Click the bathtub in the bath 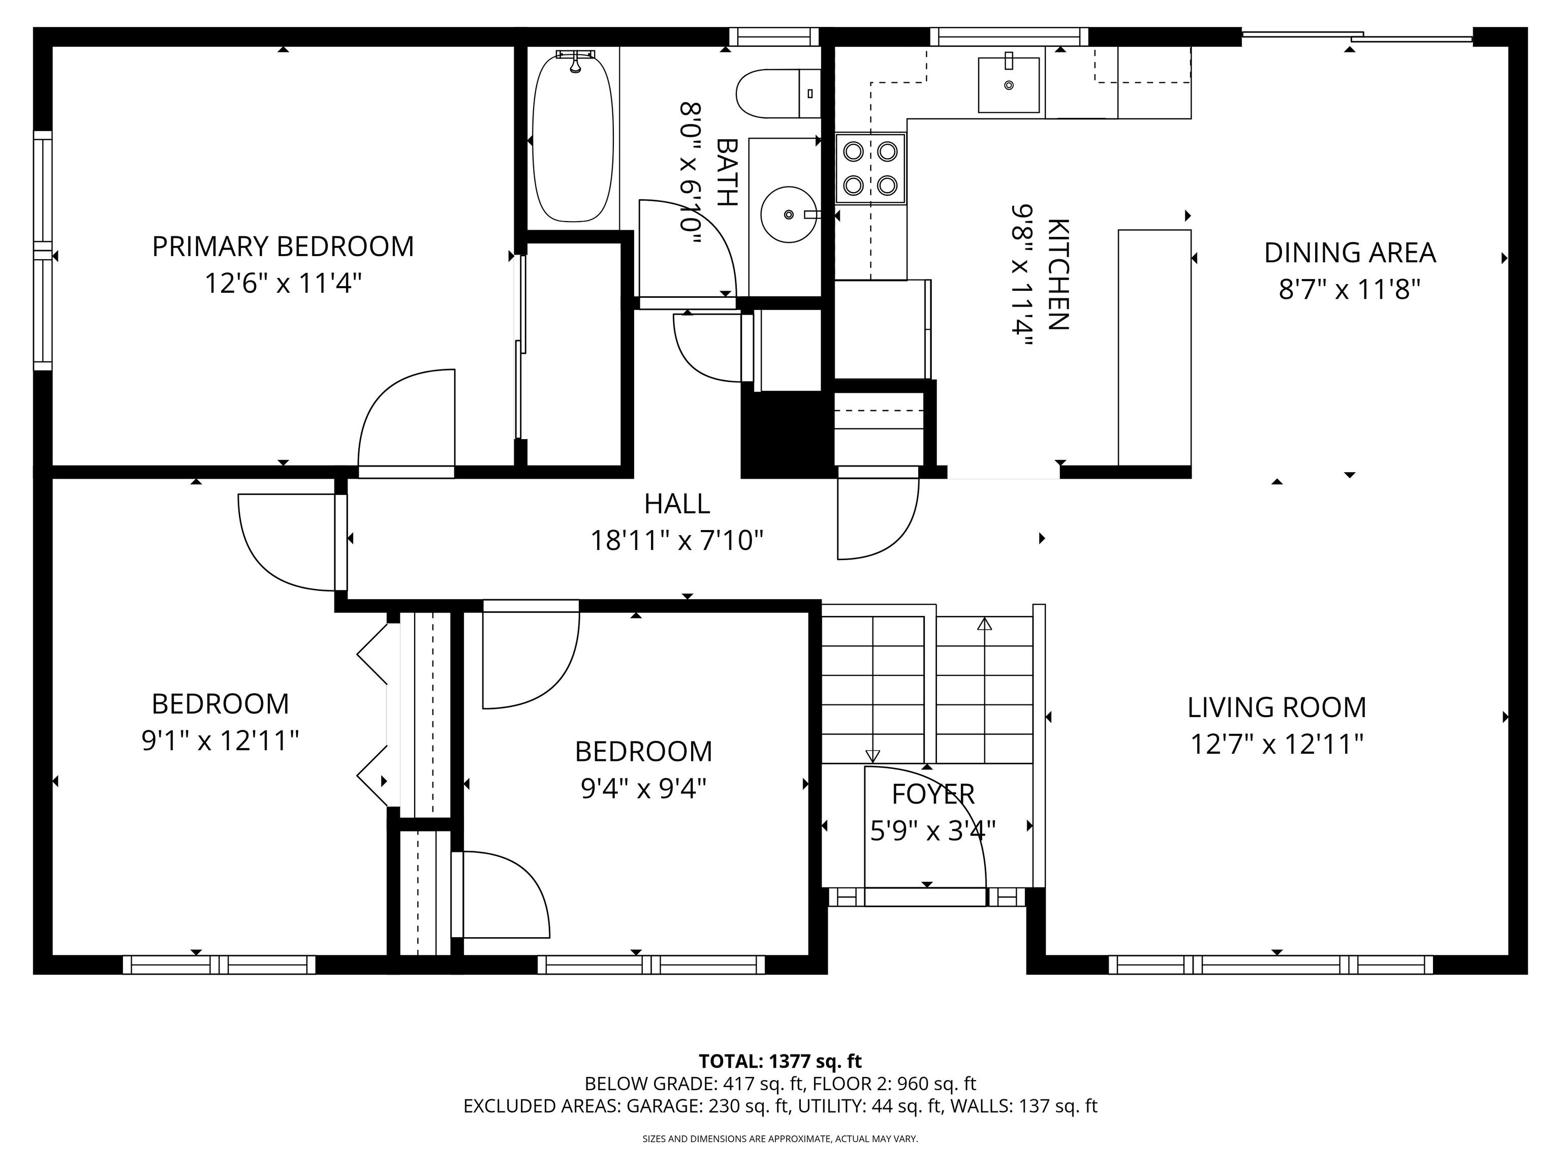tap(573, 138)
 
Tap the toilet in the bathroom tap(778, 93)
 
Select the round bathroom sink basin tap(788, 214)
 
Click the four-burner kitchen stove tap(870, 169)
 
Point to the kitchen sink tap(1009, 85)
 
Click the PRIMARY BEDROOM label tap(283, 246)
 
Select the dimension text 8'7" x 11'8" tap(1349, 289)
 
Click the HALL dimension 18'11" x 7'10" tap(677, 541)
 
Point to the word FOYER tap(933, 794)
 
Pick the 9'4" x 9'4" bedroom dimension tap(644, 788)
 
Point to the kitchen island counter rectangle tap(1154, 347)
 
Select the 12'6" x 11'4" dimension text tap(283, 284)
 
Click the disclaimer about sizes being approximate tap(780, 1138)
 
